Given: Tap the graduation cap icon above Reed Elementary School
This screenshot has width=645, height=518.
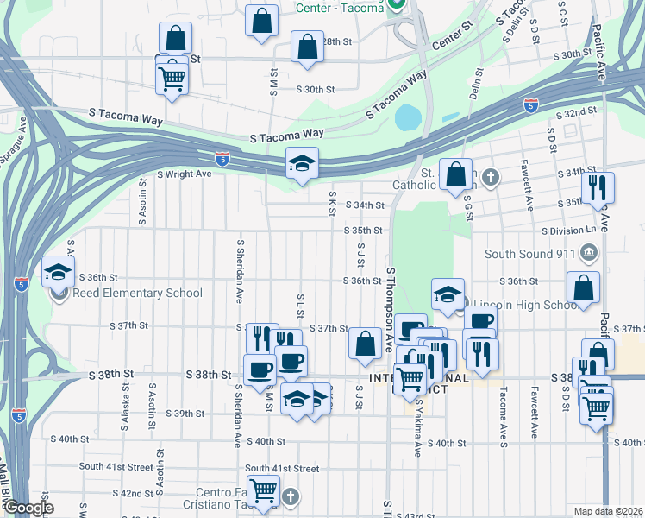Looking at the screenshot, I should [x=59, y=271].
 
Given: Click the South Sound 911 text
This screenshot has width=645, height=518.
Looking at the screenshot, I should [x=529, y=254].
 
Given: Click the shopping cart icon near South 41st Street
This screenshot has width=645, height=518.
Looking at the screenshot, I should [x=264, y=490].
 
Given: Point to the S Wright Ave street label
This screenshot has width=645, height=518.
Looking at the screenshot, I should [x=184, y=174].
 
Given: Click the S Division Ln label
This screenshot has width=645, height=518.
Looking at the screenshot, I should [x=568, y=231].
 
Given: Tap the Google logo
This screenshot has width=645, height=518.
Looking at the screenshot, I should [x=28, y=508].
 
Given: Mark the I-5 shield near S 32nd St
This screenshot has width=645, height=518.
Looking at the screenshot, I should [x=530, y=105].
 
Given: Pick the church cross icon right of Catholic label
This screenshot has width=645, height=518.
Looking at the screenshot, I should [x=491, y=177].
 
